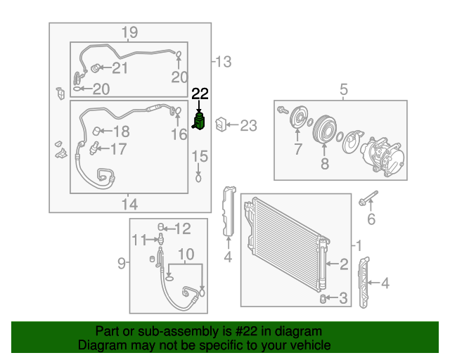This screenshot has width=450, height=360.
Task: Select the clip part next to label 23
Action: click(220, 124)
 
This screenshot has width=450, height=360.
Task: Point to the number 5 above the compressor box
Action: click(344, 89)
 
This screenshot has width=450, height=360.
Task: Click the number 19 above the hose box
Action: click(129, 32)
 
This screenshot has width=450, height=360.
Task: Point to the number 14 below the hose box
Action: click(129, 204)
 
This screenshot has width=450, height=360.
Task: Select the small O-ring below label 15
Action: click(199, 177)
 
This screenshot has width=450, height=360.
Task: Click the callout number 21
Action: click(120, 67)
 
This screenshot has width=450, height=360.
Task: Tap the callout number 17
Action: click(118, 148)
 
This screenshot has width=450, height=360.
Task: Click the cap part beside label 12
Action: click(161, 226)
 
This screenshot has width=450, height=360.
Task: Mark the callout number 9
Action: click(121, 264)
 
